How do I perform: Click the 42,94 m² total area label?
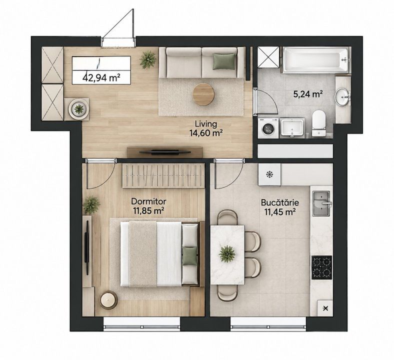[101, 77]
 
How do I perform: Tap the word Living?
[206, 124]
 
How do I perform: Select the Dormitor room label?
[149, 201]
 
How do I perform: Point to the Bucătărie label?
[279, 202]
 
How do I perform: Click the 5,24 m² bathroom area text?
[308, 94]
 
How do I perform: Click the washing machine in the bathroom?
[268, 128]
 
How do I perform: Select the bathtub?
[315, 60]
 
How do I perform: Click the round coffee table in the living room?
[203, 94]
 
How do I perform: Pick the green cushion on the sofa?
[224, 61]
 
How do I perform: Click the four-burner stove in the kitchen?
[321, 267]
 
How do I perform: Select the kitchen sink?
[321, 203]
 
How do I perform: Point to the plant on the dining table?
[227, 253]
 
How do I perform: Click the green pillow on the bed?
[189, 256]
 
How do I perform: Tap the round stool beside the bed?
[108, 299]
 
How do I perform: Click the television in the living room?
[165, 151]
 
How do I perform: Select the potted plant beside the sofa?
[148, 59]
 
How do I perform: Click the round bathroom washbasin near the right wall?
[342, 96]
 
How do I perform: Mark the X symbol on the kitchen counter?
[325, 308]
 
